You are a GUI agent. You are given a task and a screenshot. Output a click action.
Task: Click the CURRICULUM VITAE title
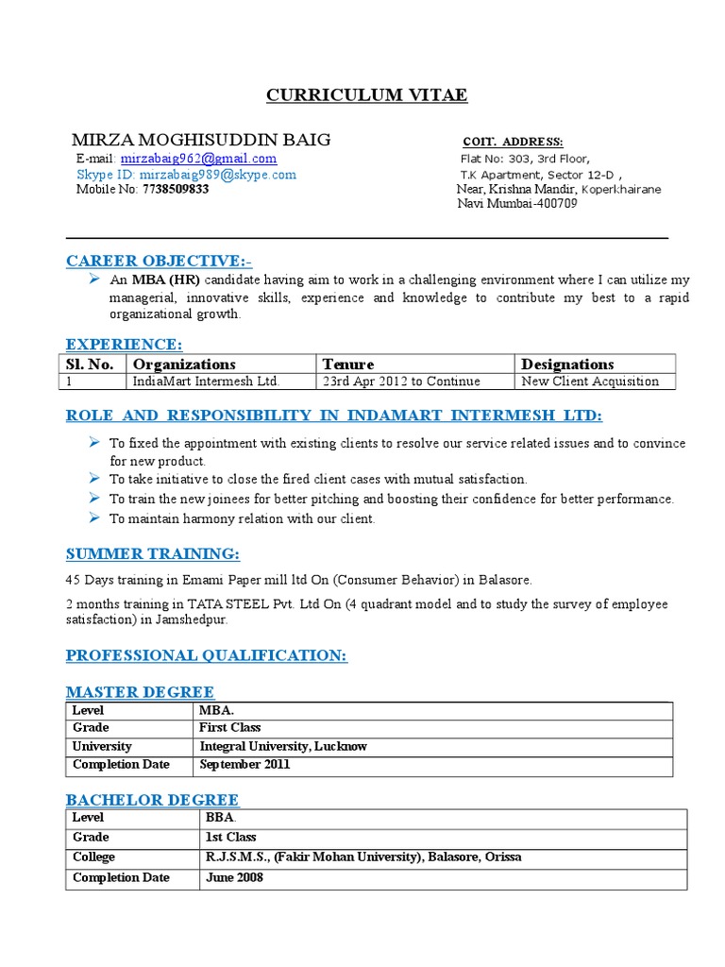point(365,95)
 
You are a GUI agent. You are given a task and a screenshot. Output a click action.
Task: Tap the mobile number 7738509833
point(176,189)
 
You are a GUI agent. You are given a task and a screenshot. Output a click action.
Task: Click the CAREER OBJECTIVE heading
point(159,261)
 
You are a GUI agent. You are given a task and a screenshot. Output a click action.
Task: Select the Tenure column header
point(348,364)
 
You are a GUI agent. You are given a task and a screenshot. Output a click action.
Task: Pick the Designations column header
point(567,364)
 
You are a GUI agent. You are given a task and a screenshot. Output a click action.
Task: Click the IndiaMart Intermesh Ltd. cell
point(207,382)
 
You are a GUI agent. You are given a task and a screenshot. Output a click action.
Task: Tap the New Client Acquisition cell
point(590,382)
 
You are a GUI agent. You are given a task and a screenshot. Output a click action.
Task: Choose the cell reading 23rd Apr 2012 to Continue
point(401,382)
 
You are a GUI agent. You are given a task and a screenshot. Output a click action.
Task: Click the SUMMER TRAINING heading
point(152,552)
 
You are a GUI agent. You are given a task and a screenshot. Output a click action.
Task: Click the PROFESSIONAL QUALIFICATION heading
point(206,654)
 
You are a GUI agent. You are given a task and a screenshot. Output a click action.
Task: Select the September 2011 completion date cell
point(244,764)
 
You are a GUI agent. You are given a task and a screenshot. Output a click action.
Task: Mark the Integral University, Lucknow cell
point(283,746)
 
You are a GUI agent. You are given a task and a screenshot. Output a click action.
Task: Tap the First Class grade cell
point(229,728)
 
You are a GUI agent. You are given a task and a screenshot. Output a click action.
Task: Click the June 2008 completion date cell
point(234,877)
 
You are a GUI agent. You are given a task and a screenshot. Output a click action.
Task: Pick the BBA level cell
point(219,817)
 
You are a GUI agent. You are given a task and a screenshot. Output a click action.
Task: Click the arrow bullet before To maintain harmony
point(94,518)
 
